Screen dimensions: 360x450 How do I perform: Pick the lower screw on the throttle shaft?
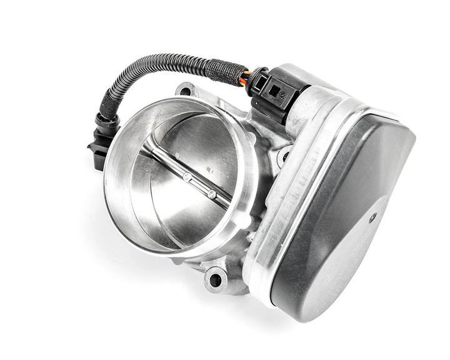tap(212, 194)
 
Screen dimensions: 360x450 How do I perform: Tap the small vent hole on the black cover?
tap(373, 218)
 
